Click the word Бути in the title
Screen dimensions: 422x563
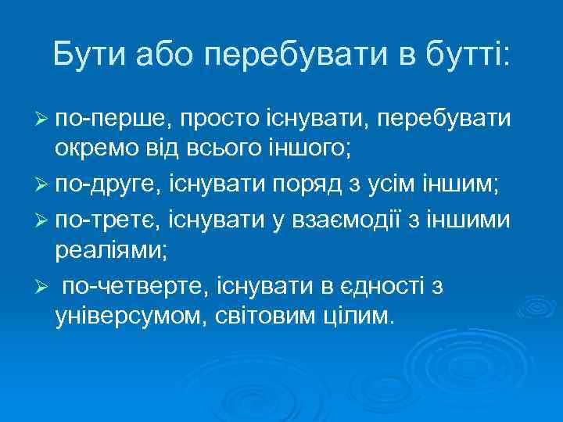pos(89,54)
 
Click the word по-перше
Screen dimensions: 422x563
pos(111,120)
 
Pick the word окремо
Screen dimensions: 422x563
pos(91,146)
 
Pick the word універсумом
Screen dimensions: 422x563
pos(127,316)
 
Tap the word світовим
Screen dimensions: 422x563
pos(264,314)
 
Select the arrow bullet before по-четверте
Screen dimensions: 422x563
pos(43,287)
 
